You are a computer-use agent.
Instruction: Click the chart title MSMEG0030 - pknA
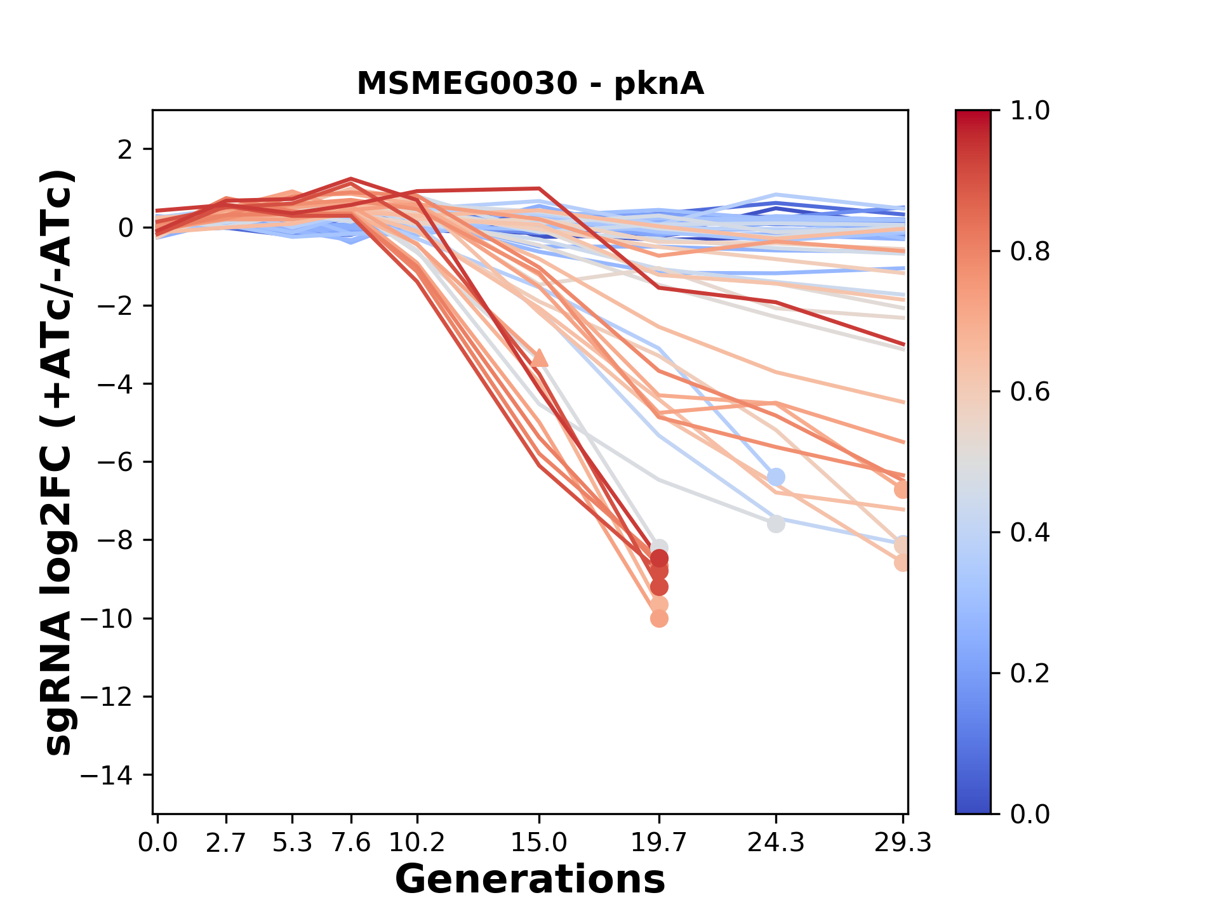click(530, 84)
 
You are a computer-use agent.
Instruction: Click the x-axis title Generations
click(530, 880)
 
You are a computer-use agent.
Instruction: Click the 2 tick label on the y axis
click(125, 150)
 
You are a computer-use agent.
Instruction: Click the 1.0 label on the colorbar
click(1030, 111)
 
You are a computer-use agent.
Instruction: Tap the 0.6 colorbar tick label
click(1030, 392)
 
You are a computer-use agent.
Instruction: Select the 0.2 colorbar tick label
click(1030, 673)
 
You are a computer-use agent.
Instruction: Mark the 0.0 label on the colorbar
click(1030, 814)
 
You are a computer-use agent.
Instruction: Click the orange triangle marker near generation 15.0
click(539, 359)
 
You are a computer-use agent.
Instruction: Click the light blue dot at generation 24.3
click(776, 477)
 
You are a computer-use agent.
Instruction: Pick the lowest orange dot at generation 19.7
click(659, 618)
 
